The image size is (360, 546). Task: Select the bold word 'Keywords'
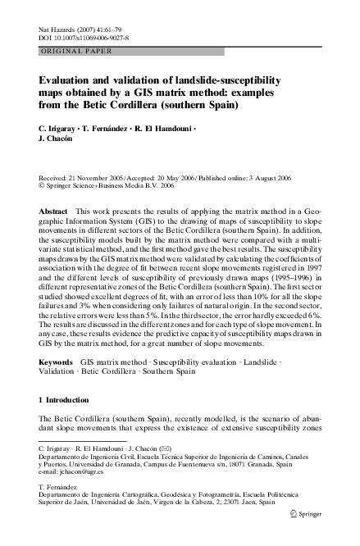pyautogui.click(x=57, y=362)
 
